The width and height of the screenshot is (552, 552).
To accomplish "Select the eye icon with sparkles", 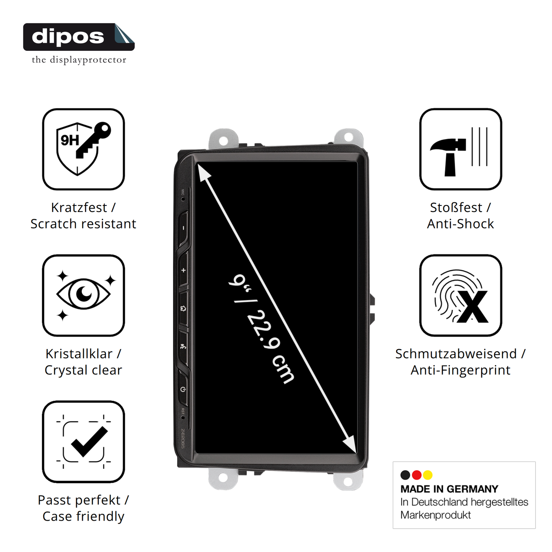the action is click(x=83, y=295).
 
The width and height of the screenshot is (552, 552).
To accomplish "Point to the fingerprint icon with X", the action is click(x=460, y=296).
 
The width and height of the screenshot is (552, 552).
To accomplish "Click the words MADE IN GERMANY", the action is click(x=449, y=489).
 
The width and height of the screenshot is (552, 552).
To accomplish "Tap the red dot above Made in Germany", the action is click(x=416, y=475).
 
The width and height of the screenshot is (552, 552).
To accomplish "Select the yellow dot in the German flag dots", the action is click(x=428, y=475).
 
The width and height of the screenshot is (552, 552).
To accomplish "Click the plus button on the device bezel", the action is click(x=183, y=270).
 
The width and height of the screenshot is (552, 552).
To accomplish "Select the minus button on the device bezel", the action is click(x=183, y=228).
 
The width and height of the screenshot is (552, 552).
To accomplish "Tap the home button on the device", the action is click(x=183, y=308).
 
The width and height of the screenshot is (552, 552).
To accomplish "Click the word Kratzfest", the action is click(x=79, y=207).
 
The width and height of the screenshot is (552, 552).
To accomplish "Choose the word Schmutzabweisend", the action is click(x=456, y=353).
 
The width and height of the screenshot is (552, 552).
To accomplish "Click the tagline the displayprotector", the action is click(x=79, y=60).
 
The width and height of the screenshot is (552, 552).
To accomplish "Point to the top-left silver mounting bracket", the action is click(x=223, y=139).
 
